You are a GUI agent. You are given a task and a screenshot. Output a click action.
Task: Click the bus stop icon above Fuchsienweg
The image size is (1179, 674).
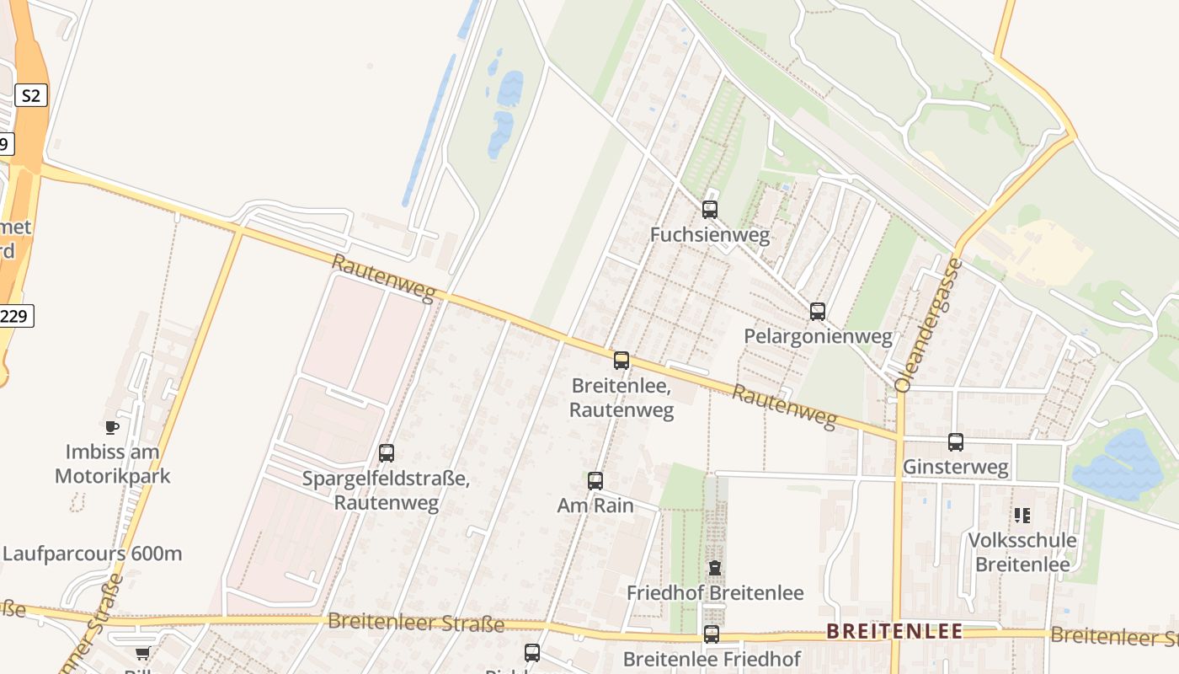[710, 210]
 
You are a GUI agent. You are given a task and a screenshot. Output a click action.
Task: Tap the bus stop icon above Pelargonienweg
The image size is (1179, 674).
[817, 312]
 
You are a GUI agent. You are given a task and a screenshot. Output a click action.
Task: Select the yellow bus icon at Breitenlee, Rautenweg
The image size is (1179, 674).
[622, 361]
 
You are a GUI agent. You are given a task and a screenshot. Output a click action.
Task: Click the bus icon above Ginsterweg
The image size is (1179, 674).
[955, 442]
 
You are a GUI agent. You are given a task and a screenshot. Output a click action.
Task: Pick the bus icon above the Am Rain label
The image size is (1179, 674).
[595, 481]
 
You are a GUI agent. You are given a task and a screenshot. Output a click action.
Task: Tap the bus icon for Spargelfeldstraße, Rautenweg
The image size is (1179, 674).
[387, 453]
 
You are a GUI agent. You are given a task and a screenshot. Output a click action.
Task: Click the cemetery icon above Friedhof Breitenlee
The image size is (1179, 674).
[715, 568]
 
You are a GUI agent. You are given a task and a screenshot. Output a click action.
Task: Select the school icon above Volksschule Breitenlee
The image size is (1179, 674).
[1022, 515]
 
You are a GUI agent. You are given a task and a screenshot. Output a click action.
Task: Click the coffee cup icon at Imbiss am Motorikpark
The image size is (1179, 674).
[112, 427]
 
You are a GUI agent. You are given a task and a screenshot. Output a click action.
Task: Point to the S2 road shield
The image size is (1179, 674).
[30, 95]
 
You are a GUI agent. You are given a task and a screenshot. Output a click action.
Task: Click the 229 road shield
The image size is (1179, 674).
[15, 317]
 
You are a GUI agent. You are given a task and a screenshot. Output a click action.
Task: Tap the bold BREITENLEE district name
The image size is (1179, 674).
[894, 632]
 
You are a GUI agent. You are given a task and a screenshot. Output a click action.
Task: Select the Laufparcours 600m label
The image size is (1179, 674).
[93, 554]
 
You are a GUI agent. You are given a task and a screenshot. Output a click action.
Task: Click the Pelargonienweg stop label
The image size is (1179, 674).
[818, 337]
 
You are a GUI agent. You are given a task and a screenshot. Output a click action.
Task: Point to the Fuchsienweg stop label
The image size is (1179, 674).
[710, 235]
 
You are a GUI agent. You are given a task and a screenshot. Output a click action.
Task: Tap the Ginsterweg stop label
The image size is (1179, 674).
[955, 468]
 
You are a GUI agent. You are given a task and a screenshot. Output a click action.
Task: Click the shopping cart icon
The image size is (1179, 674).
[142, 654]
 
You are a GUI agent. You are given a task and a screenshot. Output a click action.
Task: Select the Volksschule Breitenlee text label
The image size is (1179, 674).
[1022, 552]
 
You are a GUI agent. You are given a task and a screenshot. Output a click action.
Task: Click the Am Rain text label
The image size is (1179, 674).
[595, 505]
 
